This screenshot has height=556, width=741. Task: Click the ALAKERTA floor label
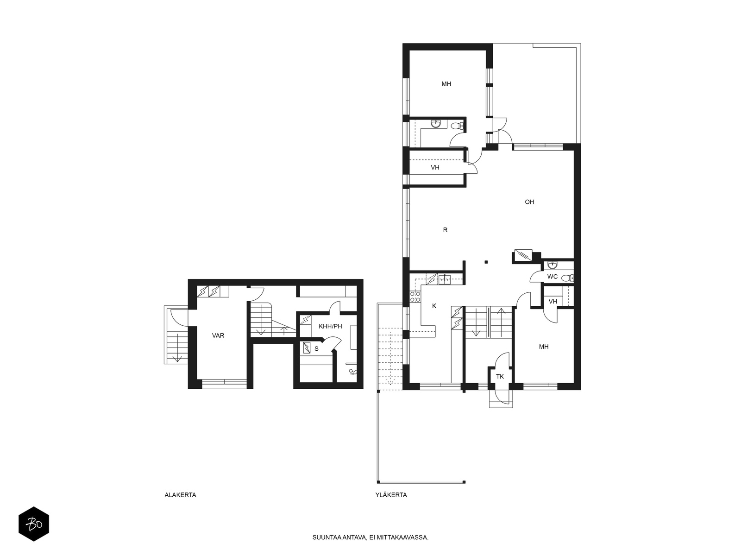[180, 495]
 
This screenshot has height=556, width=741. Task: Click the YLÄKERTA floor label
[391, 495]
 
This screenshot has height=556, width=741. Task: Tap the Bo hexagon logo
[34, 524]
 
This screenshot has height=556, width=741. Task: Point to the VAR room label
[218, 335]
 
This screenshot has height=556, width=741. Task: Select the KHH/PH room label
[330, 326]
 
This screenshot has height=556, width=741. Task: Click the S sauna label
[316, 349]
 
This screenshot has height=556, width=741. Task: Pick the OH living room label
[529, 202]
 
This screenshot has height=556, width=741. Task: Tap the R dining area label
[445, 230]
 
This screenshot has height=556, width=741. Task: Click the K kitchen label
[434, 306]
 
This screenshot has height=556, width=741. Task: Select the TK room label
[500, 376]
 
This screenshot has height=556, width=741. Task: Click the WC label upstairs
[553, 277]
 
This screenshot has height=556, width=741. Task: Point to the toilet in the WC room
[567, 278]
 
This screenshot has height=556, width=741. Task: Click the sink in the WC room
[553, 265]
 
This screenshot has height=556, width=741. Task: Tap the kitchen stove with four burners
[415, 297]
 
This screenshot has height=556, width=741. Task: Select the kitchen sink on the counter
[445, 279]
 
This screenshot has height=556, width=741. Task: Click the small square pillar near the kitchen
[486, 262]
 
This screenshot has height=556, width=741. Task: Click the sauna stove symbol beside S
[307, 347]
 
